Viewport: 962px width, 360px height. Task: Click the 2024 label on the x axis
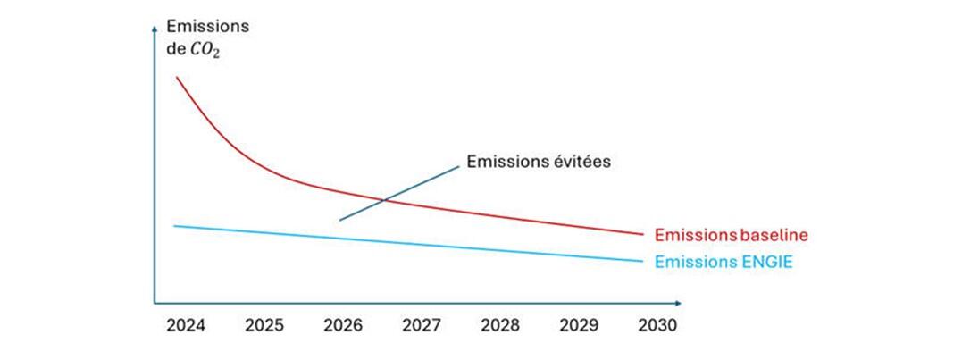[186, 326]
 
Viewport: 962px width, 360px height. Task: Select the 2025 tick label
[264, 326]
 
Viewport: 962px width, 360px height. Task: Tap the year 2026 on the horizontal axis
[344, 326]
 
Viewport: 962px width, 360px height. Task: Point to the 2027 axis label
[422, 326]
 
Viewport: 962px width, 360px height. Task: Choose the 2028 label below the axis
[501, 326]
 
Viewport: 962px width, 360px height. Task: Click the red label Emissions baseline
[731, 235]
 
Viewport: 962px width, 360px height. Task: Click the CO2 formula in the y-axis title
[205, 52]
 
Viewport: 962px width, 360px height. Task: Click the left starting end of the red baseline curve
[176, 78]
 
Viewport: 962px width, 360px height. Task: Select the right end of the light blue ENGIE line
[641, 261]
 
